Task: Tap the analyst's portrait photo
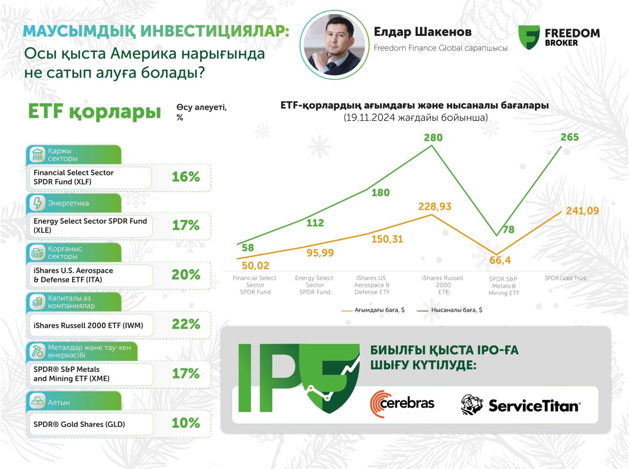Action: click(x=335, y=45)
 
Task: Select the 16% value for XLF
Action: click(x=186, y=177)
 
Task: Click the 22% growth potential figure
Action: click(x=186, y=324)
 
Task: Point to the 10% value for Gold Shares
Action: click(x=186, y=423)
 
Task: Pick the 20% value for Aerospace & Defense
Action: click(x=186, y=275)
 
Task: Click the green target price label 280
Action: click(x=433, y=138)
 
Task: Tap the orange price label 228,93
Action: click(x=435, y=207)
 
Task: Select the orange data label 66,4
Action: click(x=500, y=260)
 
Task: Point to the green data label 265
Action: click(x=570, y=137)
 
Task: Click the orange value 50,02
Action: click(x=255, y=266)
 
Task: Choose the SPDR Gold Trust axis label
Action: click(x=565, y=278)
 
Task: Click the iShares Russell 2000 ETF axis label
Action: click(x=443, y=285)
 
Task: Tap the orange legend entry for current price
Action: click(x=373, y=310)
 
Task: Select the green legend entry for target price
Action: click(x=450, y=310)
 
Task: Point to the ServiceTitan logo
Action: click(x=520, y=405)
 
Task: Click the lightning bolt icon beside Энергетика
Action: click(x=37, y=203)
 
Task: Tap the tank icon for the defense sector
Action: click(x=37, y=253)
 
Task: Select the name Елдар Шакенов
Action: click(x=423, y=32)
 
